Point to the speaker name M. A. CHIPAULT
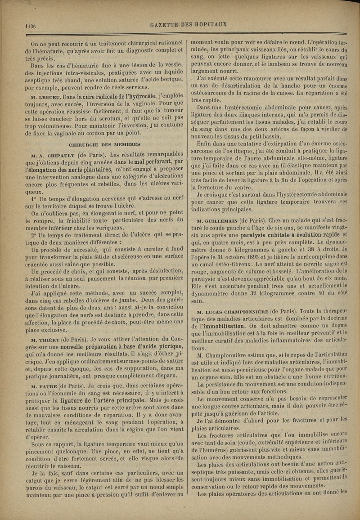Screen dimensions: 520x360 tap(46, 154)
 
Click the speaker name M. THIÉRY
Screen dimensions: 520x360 tap(45, 339)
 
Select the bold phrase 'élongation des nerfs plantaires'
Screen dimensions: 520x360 tap(71, 169)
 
